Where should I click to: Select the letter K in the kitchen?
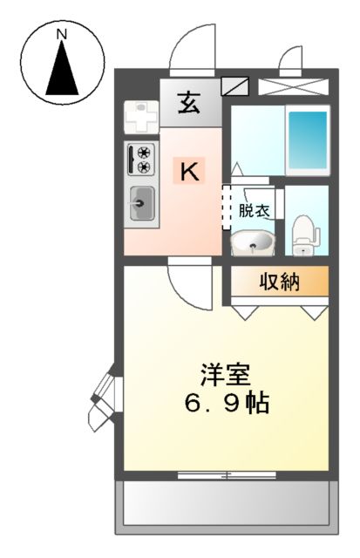[x=189, y=171]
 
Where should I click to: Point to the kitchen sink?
[x=141, y=205]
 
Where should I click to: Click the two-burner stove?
[x=140, y=160]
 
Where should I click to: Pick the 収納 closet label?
[x=278, y=282]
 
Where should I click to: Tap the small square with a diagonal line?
[x=235, y=85]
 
